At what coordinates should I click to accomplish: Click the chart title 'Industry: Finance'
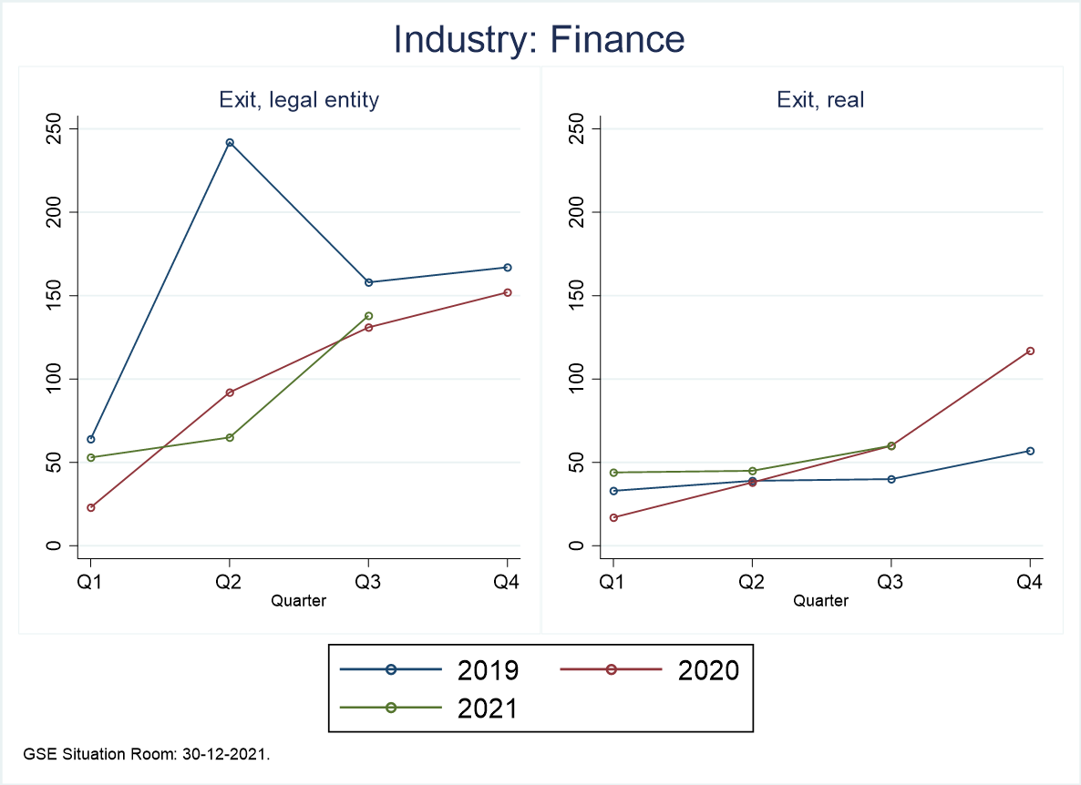(539, 40)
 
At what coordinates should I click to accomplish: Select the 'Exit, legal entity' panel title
(299, 100)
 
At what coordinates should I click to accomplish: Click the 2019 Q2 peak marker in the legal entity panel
(230, 143)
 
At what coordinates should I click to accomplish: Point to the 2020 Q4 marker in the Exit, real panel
(1030, 351)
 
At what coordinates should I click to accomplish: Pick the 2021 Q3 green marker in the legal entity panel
(368, 316)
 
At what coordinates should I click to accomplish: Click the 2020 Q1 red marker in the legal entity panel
(90, 507)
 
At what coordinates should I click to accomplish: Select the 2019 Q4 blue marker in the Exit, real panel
(1030, 451)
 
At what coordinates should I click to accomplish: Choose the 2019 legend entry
(428, 669)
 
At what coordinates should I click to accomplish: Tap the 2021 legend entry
(428, 708)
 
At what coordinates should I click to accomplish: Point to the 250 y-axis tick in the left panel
(59, 128)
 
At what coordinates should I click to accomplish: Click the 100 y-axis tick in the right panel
(581, 379)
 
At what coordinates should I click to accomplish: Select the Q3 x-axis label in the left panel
(368, 583)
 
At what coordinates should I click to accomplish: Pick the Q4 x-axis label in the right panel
(1030, 583)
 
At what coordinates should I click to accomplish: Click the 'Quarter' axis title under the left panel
(299, 600)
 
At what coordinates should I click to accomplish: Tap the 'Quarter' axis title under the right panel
(820, 600)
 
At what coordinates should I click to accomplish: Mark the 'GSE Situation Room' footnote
(147, 754)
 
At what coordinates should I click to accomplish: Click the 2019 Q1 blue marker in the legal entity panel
(90, 439)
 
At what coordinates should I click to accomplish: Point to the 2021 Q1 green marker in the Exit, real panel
(613, 473)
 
